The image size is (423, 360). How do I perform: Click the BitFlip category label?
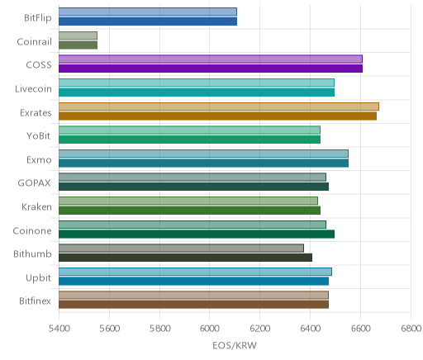38,18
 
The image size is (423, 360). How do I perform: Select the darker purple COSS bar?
211,69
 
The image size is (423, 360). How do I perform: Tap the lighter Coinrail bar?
78,36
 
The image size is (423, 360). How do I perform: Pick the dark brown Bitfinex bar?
193,305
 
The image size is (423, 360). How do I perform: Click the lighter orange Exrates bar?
219,107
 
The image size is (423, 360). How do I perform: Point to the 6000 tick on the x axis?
210,329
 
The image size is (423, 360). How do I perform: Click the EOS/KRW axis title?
235,345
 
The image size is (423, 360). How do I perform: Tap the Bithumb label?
32,253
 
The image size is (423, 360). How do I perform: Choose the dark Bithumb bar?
185,258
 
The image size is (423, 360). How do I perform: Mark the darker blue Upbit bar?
193,282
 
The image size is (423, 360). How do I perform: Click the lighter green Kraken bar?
188,201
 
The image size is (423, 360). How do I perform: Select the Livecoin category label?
33,89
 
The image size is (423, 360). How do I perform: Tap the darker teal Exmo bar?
203,163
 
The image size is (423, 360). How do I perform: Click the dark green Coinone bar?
197,234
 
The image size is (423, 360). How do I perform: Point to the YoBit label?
39,136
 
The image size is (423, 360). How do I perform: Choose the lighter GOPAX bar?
192,178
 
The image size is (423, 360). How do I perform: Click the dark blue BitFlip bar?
148,21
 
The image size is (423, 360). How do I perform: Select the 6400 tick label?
311,329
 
